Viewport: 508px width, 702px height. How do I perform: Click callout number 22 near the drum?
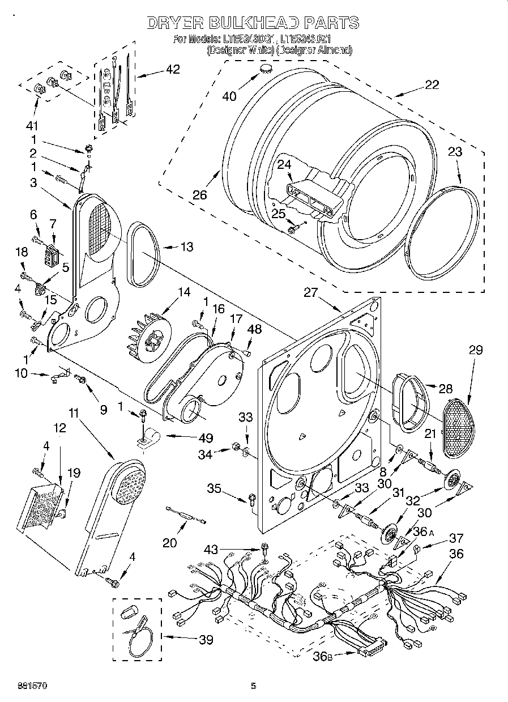pos(431,85)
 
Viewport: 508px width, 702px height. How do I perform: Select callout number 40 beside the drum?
pos(229,96)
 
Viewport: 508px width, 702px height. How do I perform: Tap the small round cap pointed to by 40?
pos(265,70)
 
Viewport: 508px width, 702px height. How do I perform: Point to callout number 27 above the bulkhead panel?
pos(311,293)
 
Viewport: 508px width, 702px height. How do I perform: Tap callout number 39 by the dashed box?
pos(206,640)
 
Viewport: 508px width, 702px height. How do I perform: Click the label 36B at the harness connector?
pos(321,657)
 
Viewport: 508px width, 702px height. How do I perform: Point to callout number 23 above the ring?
pos(455,152)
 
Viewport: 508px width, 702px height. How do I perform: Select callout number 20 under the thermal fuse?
pos(169,542)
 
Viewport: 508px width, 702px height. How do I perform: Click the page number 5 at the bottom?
pos(253,686)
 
